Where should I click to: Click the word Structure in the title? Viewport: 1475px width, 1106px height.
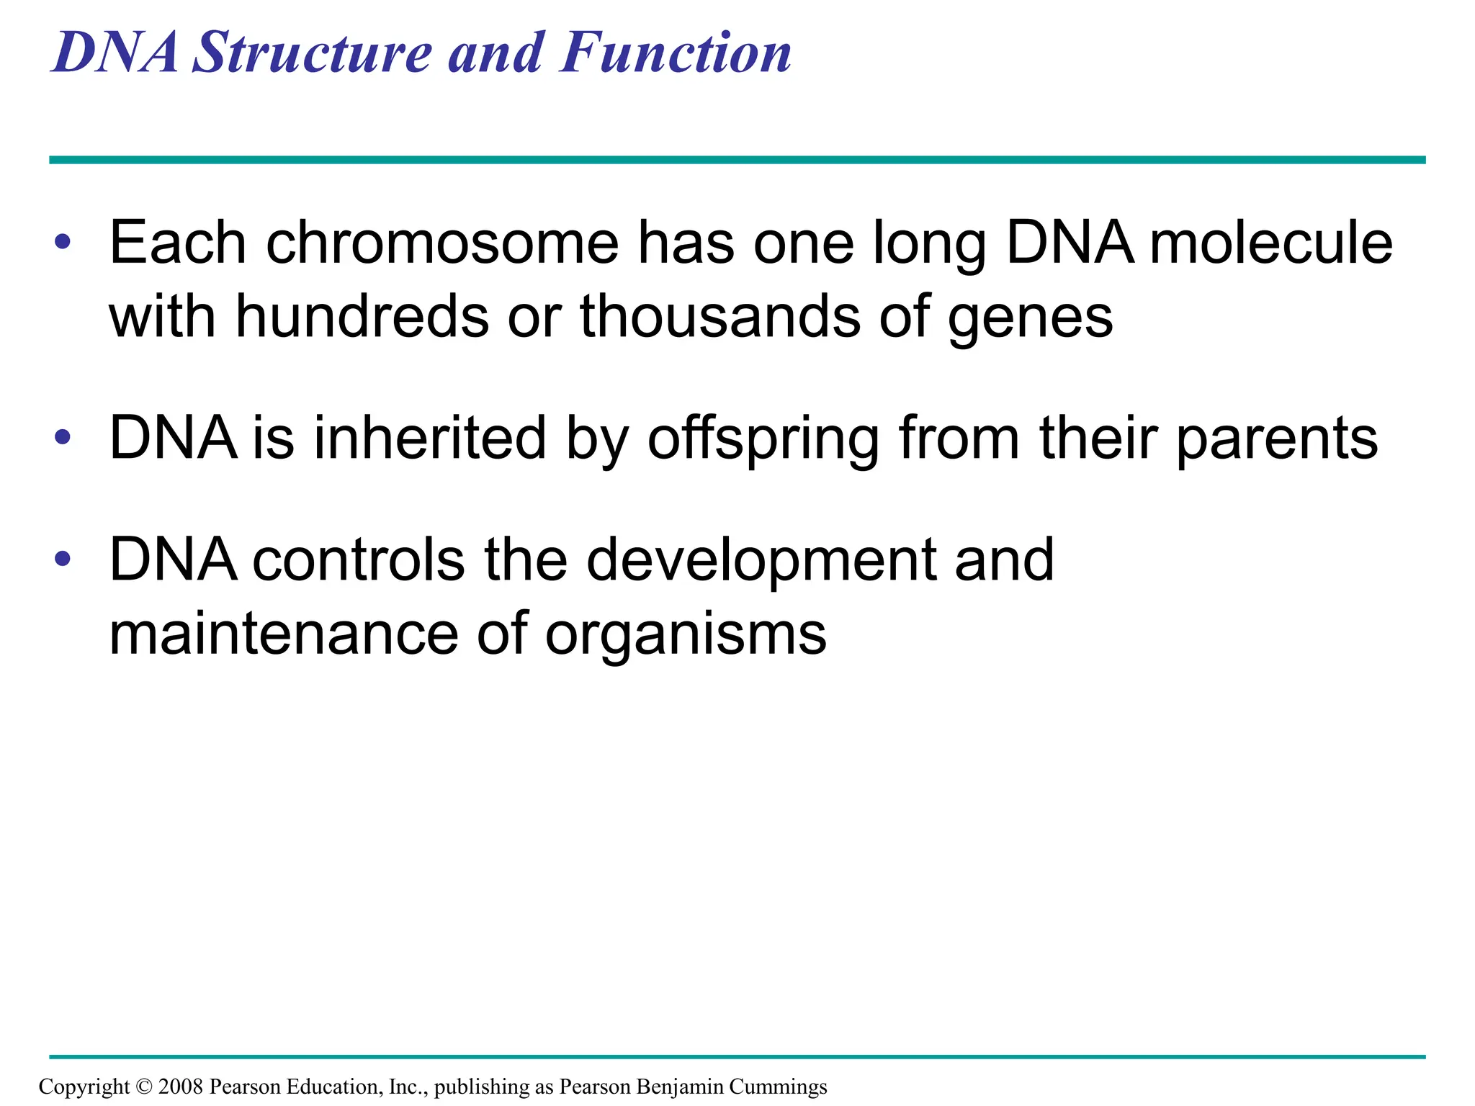point(313,53)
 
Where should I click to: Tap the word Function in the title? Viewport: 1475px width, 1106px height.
point(675,53)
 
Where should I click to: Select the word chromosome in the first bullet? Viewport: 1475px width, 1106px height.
point(442,243)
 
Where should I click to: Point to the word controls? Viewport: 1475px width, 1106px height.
point(359,560)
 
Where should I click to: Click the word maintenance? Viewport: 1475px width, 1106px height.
point(283,634)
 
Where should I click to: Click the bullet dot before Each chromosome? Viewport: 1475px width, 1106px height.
point(63,243)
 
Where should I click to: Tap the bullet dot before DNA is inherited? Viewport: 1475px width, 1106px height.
point(63,436)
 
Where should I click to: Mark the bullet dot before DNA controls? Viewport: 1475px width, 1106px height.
point(63,558)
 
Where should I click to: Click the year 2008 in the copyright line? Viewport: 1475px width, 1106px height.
point(181,1087)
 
